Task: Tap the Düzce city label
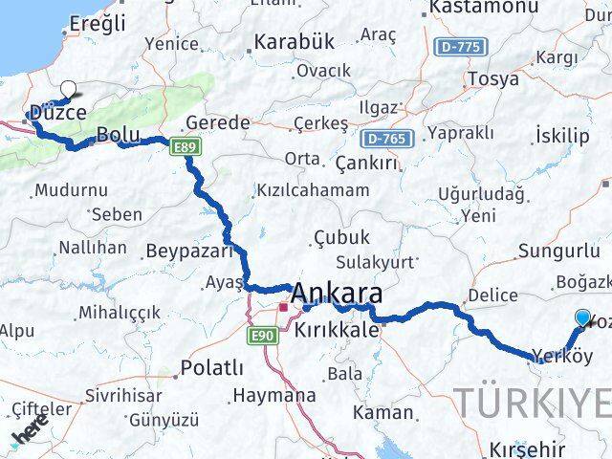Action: click(57, 113)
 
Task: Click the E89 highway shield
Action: click(185, 145)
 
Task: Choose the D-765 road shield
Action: click(386, 139)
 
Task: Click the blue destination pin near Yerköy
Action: click(583, 318)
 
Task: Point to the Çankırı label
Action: click(366, 164)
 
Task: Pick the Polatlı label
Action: click(212, 368)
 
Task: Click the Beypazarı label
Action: click(190, 251)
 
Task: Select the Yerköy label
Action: click(563, 357)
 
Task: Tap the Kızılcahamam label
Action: click(314, 190)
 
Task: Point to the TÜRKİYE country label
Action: click(532, 403)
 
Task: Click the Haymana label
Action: click(274, 395)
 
